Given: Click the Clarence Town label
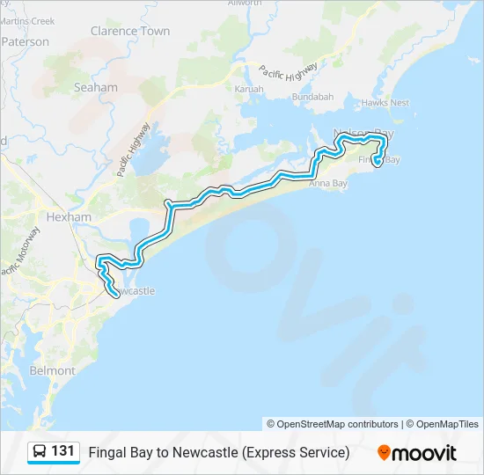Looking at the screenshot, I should pyautogui.click(x=130, y=31).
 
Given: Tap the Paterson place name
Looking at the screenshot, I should pyautogui.click(x=26, y=41).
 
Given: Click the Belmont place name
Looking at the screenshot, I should pyautogui.click(x=52, y=371).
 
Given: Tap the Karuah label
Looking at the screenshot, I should pyautogui.click(x=249, y=89).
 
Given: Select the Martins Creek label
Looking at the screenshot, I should pyautogui.click(x=26, y=20).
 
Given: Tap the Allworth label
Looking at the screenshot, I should pyautogui.click(x=244, y=4).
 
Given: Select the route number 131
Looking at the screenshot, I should pyautogui.click(x=62, y=451).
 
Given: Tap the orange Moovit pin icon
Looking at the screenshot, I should pyautogui.click(x=384, y=453).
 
